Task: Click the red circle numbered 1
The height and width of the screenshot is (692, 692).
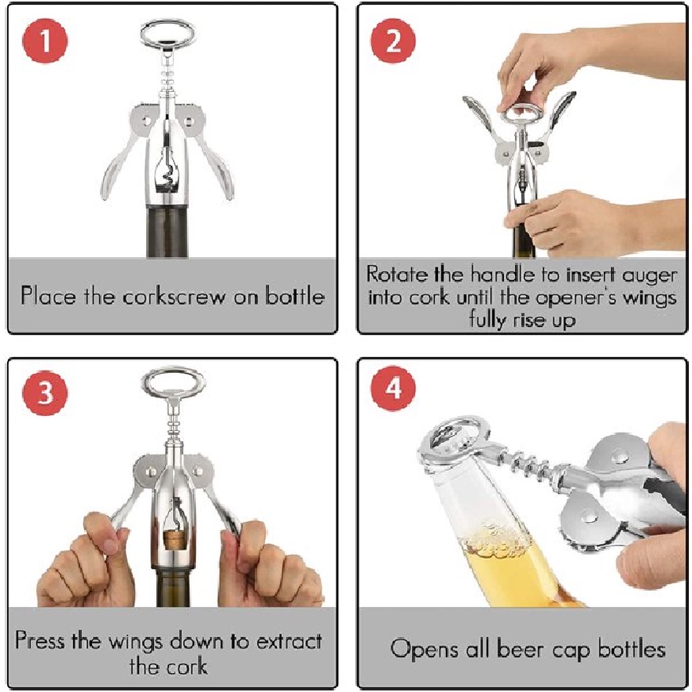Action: coord(44,41)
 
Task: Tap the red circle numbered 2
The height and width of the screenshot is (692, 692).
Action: coord(393,41)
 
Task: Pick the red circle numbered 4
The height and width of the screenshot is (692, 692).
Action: coord(393,389)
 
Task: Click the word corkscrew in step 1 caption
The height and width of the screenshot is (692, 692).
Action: coord(174,296)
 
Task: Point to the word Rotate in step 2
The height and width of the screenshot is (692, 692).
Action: coord(397,275)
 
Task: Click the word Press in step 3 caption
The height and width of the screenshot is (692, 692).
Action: coord(40,640)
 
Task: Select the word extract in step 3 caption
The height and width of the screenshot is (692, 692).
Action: coord(289,641)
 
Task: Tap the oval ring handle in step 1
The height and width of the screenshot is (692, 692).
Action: coord(167,33)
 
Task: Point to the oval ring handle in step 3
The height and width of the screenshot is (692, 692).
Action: coord(173,383)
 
